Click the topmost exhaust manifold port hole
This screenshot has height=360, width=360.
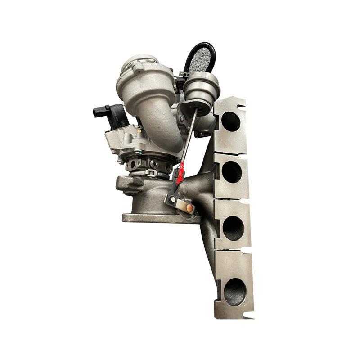coord(230,121)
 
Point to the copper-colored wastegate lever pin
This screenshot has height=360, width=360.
coord(190,208)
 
